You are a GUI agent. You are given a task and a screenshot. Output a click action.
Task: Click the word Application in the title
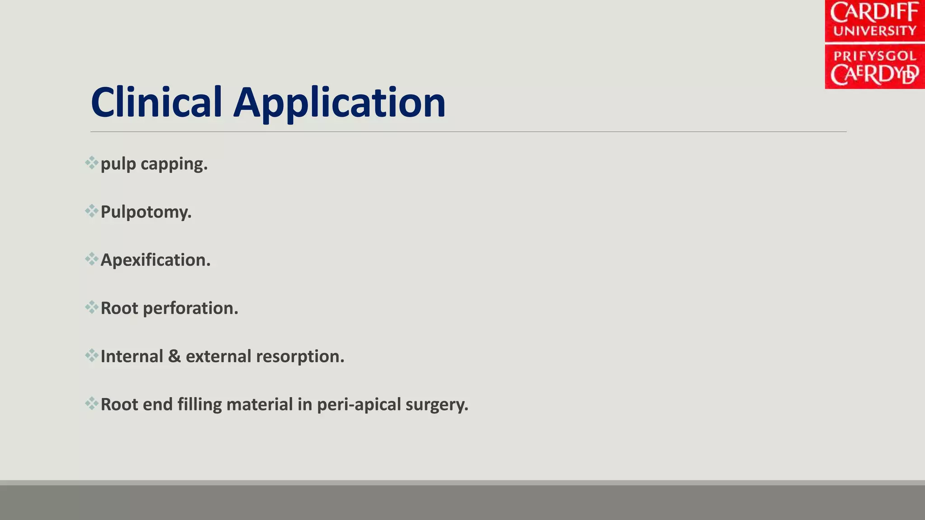tap(339, 104)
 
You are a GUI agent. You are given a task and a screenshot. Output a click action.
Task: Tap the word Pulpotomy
tap(146, 212)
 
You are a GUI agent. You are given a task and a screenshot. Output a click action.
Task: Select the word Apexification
tap(155, 260)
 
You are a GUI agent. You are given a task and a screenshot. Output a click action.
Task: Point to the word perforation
tap(190, 308)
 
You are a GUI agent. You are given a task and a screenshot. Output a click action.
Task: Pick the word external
tap(218, 356)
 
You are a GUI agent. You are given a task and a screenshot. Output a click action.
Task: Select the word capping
tap(174, 164)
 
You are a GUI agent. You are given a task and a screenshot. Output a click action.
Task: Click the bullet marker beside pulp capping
tap(92, 163)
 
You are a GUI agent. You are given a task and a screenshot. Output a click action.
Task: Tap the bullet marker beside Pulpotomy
tap(92, 211)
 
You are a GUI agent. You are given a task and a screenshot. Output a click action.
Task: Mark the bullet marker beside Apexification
tap(92, 259)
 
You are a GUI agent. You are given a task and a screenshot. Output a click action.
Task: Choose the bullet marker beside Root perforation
tap(92, 307)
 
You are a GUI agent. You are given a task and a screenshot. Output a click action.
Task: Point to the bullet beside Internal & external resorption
tap(92, 356)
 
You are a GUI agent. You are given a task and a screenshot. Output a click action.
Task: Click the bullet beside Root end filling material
tap(92, 404)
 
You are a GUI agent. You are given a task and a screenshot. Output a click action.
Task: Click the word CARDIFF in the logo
tap(874, 13)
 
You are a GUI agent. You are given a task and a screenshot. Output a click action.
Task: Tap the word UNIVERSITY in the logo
tap(874, 31)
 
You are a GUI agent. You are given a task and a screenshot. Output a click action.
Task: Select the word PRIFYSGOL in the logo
tap(874, 56)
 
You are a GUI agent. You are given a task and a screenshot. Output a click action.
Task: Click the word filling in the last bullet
tap(199, 404)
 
